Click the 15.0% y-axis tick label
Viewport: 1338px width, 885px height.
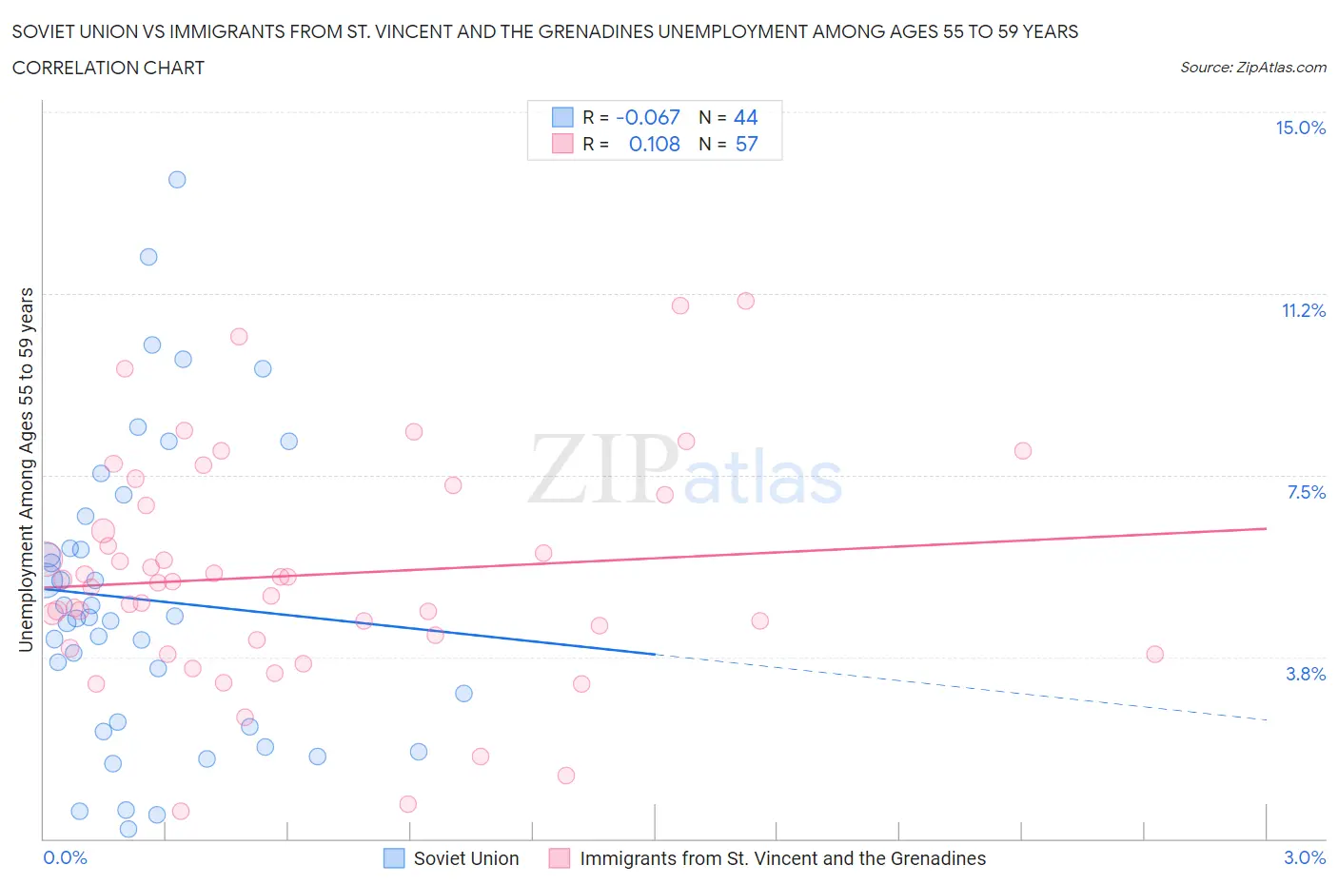pos(1300,128)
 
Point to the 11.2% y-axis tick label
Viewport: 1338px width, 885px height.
pos(1303,310)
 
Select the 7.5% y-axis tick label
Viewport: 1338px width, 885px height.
pos(1306,492)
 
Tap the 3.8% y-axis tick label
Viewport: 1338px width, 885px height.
pos(1306,674)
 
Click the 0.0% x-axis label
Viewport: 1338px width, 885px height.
pos(65,857)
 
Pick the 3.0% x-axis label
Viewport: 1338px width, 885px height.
pos(1304,857)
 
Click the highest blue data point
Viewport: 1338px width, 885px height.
pos(177,180)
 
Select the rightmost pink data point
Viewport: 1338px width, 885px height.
pos(1154,654)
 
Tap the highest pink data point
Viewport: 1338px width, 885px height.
pos(745,301)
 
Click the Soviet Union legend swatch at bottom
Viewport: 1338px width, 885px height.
pos(394,858)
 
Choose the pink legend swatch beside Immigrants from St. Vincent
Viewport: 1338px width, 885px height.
pos(560,858)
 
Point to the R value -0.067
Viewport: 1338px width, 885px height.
pos(648,117)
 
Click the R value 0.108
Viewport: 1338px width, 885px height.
pos(654,144)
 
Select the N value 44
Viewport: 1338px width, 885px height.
pos(745,117)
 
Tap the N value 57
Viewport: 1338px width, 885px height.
pos(746,144)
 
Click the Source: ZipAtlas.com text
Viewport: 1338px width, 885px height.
pos(1252,68)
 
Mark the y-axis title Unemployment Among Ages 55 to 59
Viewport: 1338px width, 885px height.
pos(27,469)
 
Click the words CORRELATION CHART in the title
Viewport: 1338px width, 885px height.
pos(108,68)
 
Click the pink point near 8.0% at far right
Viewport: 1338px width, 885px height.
pos(1022,451)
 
